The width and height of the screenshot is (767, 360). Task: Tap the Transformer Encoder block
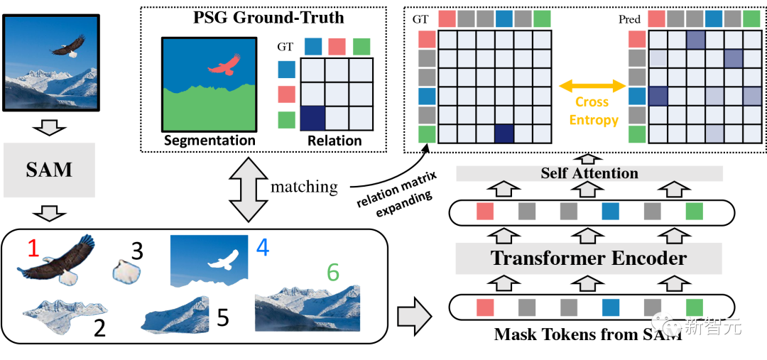tap(589, 258)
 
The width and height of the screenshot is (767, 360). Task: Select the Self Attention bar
tap(589, 173)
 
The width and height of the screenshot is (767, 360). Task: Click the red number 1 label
tap(32, 249)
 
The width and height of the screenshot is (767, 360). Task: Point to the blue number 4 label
tap(262, 248)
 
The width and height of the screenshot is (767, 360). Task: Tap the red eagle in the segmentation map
tap(223, 67)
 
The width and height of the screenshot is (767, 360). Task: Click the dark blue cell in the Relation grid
tap(313, 116)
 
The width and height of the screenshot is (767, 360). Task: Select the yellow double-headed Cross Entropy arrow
tap(592, 86)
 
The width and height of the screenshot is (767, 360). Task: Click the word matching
tap(304, 187)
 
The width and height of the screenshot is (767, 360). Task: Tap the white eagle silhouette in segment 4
tap(222, 260)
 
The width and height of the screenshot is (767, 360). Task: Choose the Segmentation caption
tap(210, 140)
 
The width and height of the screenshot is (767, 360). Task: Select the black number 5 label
tap(223, 317)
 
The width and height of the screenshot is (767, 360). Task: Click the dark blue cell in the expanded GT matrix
tap(504, 133)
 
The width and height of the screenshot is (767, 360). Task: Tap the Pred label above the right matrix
tap(629, 20)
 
